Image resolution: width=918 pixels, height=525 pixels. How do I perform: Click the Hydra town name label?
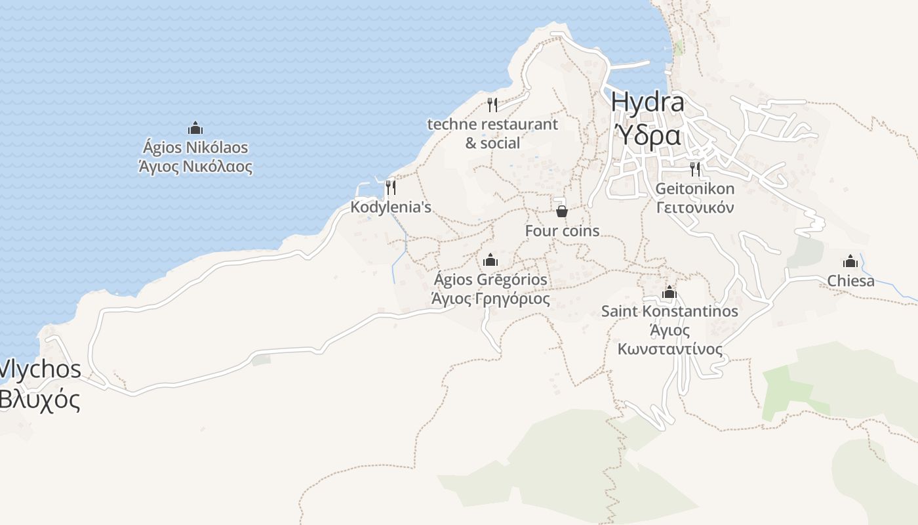tap(647, 102)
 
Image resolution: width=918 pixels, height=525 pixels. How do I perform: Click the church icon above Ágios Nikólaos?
tap(195, 127)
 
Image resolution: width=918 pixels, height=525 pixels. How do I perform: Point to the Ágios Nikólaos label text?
tap(195, 147)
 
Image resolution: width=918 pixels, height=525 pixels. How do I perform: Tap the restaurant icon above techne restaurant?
tap(492, 104)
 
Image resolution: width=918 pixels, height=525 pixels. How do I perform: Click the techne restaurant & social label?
tap(492, 133)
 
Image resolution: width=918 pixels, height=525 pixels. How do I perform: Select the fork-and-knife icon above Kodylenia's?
tap(390, 188)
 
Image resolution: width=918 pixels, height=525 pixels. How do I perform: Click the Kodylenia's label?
tap(391, 207)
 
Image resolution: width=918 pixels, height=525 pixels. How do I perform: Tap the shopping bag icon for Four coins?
tap(562, 211)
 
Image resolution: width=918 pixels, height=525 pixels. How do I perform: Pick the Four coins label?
tap(562, 231)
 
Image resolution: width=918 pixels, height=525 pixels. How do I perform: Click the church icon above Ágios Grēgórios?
tap(490, 260)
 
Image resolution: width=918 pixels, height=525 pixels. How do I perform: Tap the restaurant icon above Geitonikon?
tap(695, 169)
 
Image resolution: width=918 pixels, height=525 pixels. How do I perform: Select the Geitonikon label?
tap(695, 189)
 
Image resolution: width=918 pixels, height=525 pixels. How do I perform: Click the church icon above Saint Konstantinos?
tap(669, 292)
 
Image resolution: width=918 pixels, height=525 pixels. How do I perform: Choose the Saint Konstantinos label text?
tap(669, 311)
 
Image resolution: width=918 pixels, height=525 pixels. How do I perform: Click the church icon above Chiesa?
tap(850, 261)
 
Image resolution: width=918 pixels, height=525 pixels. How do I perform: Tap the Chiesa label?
tap(850, 281)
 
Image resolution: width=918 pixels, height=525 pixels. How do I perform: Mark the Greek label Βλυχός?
tap(39, 399)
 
